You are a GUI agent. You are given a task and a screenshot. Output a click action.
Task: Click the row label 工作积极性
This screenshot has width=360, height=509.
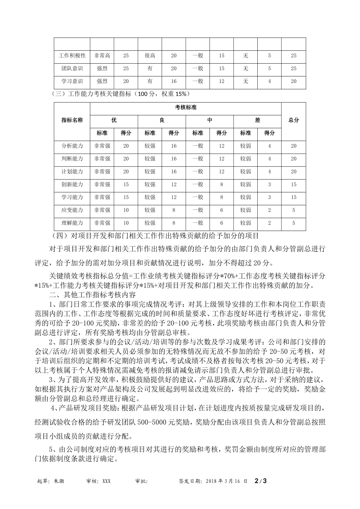click(72, 56)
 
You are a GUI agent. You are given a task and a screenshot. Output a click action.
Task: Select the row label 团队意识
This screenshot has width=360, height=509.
click(72, 69)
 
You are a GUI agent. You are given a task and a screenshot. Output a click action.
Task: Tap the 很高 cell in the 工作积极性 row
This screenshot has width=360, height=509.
click(150, 56)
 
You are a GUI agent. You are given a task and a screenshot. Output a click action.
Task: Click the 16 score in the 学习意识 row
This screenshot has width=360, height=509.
click(174, 81)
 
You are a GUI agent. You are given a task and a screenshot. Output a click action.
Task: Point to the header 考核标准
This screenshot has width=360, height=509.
click(186, 108)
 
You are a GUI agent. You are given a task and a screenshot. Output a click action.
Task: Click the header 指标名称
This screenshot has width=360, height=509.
click(72, 120)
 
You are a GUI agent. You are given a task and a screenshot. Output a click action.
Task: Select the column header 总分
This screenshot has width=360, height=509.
click(294, 120)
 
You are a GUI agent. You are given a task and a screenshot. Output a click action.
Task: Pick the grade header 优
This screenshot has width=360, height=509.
click(114, 120)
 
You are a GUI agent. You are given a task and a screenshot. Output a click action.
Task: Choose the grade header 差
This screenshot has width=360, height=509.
click(258, 120)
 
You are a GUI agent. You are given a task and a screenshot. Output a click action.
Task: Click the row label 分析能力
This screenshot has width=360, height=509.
click(72, 146)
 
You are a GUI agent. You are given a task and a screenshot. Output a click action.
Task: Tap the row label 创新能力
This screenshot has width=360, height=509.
click(72, 184)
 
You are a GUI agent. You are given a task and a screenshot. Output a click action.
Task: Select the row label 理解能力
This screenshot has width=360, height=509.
click(72, 223)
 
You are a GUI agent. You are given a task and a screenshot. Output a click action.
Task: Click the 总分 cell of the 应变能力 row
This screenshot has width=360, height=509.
click(294, 210)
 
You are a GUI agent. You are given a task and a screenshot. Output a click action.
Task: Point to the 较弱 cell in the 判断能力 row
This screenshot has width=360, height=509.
click(246, 159)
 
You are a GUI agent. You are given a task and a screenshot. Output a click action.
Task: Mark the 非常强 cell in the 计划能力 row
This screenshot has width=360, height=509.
click(102, 172)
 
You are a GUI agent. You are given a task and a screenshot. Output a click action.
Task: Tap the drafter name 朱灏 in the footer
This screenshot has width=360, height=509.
click(59, 481)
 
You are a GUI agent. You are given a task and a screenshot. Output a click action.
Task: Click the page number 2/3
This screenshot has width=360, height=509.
click(261, 481)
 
